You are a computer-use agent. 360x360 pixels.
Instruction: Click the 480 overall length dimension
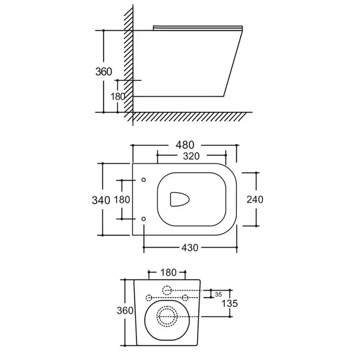point(185,145)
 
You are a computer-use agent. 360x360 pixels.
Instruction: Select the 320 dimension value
point(191,156)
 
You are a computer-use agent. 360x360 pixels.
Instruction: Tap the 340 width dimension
point(101,200)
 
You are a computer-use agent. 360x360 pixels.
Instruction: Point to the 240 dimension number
point(255,200)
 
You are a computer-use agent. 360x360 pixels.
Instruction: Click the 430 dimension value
point(190,248)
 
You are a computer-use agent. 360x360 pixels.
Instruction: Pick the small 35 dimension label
point(219,294)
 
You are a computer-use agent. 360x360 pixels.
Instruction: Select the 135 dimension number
point(230,304)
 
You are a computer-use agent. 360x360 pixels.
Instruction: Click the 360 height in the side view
point(104,71)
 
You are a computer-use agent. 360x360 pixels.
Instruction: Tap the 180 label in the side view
point(117,97)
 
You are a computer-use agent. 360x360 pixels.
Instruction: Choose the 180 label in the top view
point(122,200)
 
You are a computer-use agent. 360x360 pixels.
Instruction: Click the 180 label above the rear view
point(168,272)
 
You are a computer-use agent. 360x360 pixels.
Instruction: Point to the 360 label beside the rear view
point(125,310)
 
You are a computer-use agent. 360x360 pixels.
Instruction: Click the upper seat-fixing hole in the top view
point(144,180)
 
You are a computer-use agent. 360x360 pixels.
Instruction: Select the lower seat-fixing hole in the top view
point(144,219)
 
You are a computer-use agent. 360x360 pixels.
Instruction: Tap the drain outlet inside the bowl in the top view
point(179,199)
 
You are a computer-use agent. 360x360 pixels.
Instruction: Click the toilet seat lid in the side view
point(198,28)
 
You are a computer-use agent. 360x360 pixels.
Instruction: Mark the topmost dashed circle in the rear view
point(167,291)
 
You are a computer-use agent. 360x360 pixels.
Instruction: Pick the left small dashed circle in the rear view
point(149,297)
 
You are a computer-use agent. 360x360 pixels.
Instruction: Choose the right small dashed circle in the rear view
point(185,297)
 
